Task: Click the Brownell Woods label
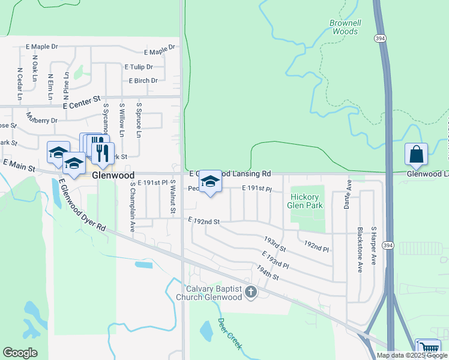(345, 27)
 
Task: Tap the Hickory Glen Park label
(307, 201)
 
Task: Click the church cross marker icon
(251, 292)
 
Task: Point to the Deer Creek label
(229, 334)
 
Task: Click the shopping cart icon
(428, 349)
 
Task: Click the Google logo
(20, 353)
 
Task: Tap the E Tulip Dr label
(138, 67)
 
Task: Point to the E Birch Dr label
(143, 80)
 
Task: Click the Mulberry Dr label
(41, 117)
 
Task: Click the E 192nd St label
(204, 221)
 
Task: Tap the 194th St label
(268, 273)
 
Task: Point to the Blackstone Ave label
(360, 250)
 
